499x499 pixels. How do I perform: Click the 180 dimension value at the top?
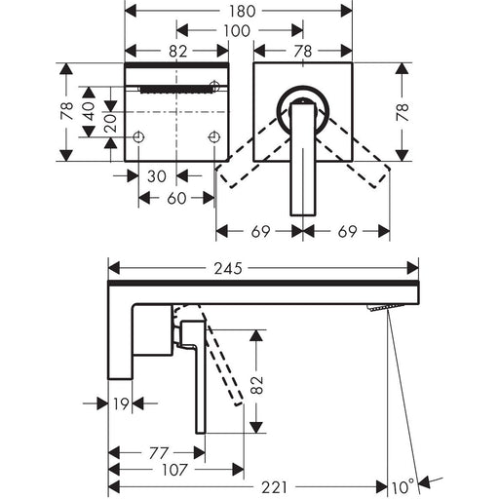coord(243,12)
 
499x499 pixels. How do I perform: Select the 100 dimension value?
coord(237,31)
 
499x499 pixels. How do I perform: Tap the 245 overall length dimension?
coord(228,269)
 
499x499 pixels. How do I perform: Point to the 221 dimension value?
coord(275,487)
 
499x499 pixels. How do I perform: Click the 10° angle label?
coord(403,486)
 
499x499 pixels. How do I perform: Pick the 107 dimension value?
coord(174,470)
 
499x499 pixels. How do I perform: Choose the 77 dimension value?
coord(159,453)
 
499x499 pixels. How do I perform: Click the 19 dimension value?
coord(121,403)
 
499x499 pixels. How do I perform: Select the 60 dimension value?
coord(176,198)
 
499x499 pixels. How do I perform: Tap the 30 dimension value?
coord(157,176)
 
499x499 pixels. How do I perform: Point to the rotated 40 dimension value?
coord(89,111)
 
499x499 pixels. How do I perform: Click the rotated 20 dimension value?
coord(111,123)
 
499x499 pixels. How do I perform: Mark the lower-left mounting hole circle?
coord(138,137)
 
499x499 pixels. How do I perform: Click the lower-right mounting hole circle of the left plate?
coord(213,137)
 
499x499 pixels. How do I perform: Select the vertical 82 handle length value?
coord(257,385)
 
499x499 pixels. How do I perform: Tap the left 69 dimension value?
coord(260,232)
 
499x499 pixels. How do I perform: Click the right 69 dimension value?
coord(348,232)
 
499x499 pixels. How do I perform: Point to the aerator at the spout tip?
coord(385,307)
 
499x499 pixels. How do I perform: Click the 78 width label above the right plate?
coord(303,52)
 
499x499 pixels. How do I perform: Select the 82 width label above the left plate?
coord(178,52)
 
